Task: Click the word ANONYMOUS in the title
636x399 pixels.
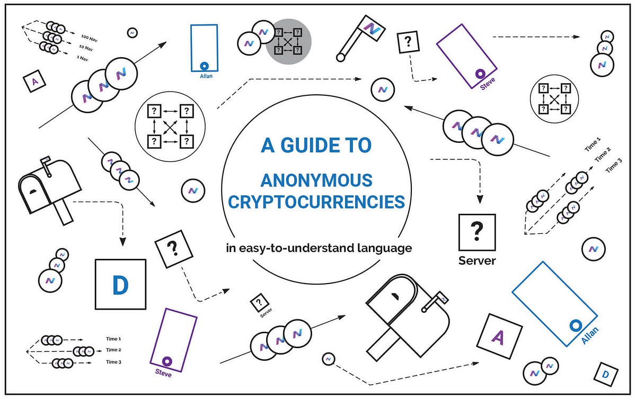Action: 316,180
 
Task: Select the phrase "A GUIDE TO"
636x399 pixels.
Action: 316,146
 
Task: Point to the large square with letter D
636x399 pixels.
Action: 120,284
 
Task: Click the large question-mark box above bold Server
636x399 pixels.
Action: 476,232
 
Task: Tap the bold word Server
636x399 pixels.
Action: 477,261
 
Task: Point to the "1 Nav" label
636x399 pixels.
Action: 83,58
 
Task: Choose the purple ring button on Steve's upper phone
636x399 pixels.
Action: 481,73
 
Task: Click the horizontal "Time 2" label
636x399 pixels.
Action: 113,350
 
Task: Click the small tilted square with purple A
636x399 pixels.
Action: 35,82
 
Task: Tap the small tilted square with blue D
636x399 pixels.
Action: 605,375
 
